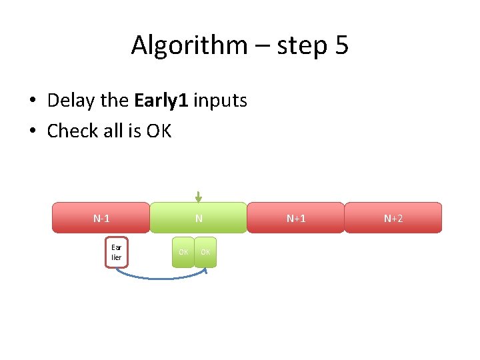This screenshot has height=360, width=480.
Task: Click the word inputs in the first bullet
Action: pos(221,101)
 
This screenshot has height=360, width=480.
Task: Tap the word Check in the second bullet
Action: pos(72,131)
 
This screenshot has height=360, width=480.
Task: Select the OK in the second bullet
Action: pos(159,131)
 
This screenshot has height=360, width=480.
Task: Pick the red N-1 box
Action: pos(101,218)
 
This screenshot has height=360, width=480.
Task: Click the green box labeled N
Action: pos(198,218)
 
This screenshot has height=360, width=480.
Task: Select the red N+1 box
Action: pos(296,218)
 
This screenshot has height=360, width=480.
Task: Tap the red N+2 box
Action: pos(393,218)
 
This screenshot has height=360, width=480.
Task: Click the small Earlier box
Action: pos(117,252)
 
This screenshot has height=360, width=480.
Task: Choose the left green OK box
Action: pos(183,252)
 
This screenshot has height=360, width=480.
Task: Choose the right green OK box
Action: pos(205,252)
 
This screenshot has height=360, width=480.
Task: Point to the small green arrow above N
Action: pos(198,197)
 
